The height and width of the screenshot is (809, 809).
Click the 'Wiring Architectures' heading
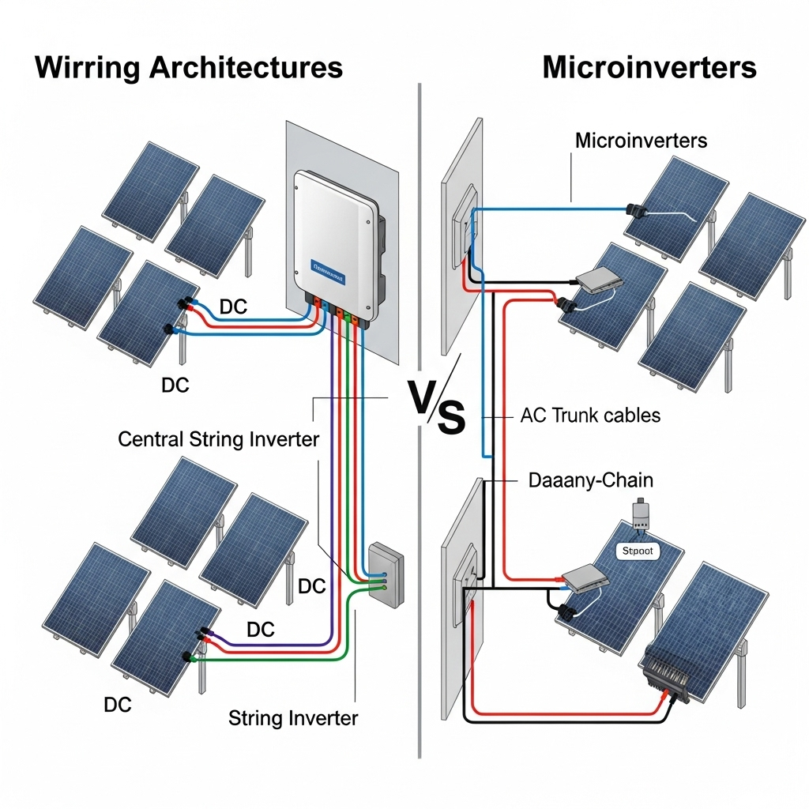(x=189, y=67)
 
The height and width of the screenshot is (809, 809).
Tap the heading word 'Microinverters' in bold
(x=649, y=67)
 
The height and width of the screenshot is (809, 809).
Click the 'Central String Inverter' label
(x=218, y=439)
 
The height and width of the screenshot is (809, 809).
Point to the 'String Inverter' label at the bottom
(x=293, y=718)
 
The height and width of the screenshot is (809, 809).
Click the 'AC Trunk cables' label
(x=590, y=415)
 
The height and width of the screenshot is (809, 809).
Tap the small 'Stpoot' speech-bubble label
(x=638, y=551)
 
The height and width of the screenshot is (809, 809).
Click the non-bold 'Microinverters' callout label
(x=641, y=141)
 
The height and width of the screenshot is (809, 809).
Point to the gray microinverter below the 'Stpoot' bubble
(x=585, y=580)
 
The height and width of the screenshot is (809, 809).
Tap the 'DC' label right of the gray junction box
(x=312, y=586)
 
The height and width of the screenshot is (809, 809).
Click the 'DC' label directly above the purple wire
(x=261, y=630)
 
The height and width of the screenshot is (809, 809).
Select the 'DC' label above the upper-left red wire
(x=233, y=307)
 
